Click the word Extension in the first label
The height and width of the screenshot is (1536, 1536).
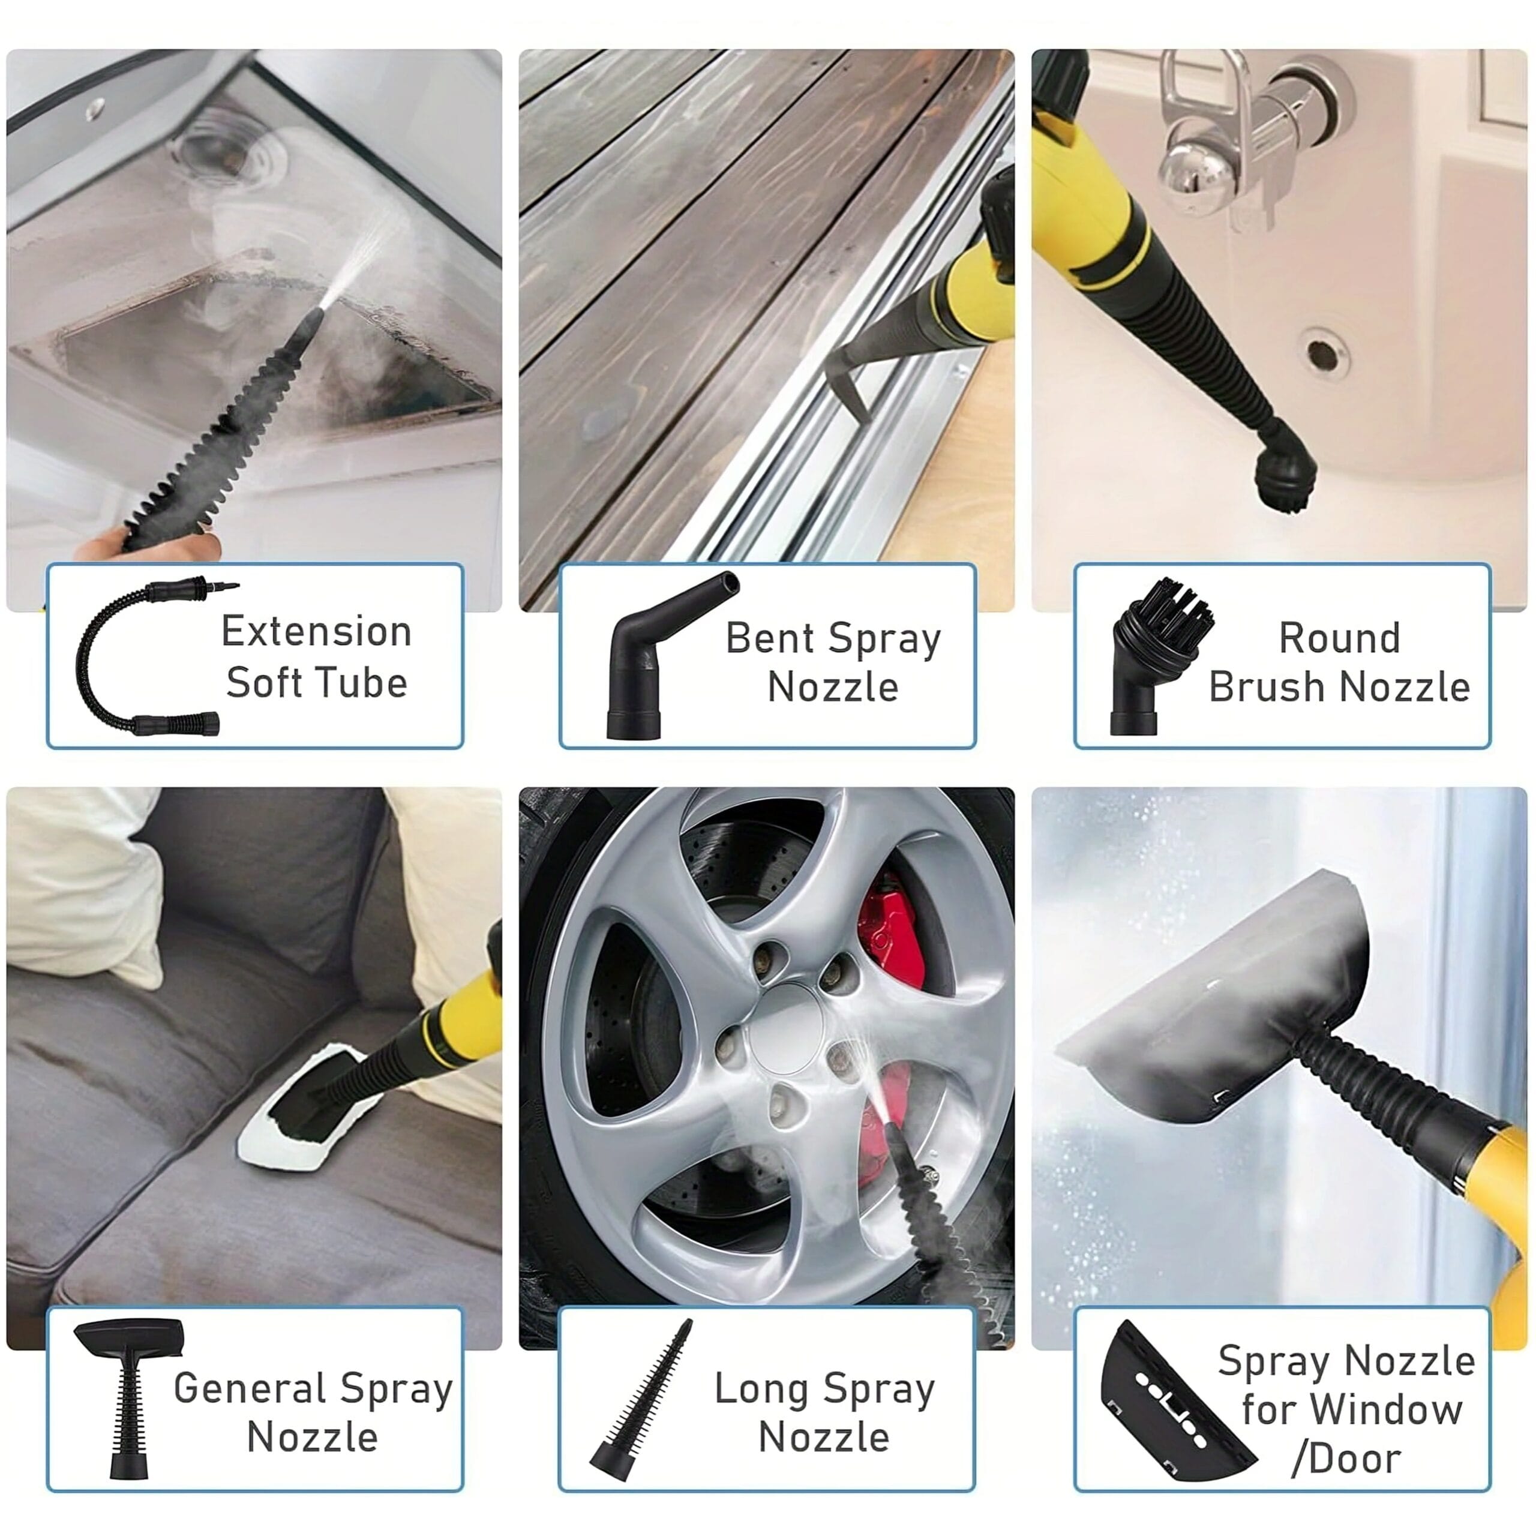(x=316, y=632)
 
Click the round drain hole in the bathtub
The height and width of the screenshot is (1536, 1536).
(x=1323, y=354)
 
